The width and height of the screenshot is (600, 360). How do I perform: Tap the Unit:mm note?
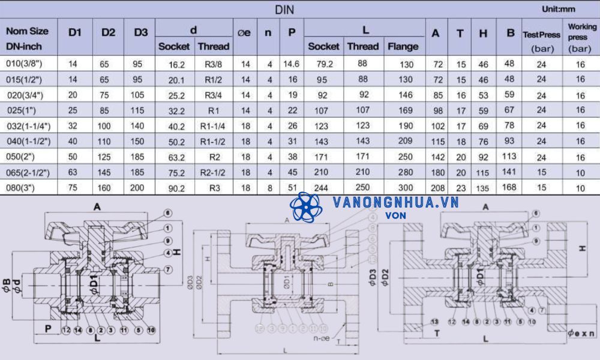(559, 9)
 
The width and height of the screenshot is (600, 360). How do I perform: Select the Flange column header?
(403, 46)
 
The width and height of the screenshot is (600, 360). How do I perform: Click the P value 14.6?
(291, 63)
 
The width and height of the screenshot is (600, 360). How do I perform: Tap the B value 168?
(509, 188)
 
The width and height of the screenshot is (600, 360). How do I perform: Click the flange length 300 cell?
(406, 188)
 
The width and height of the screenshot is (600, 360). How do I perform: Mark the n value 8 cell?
(269, 188)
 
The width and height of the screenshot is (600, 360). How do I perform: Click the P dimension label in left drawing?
(47, 328)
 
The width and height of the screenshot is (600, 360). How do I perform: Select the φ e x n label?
(581, 331)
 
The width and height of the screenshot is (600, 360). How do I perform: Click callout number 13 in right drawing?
(434, 322)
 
